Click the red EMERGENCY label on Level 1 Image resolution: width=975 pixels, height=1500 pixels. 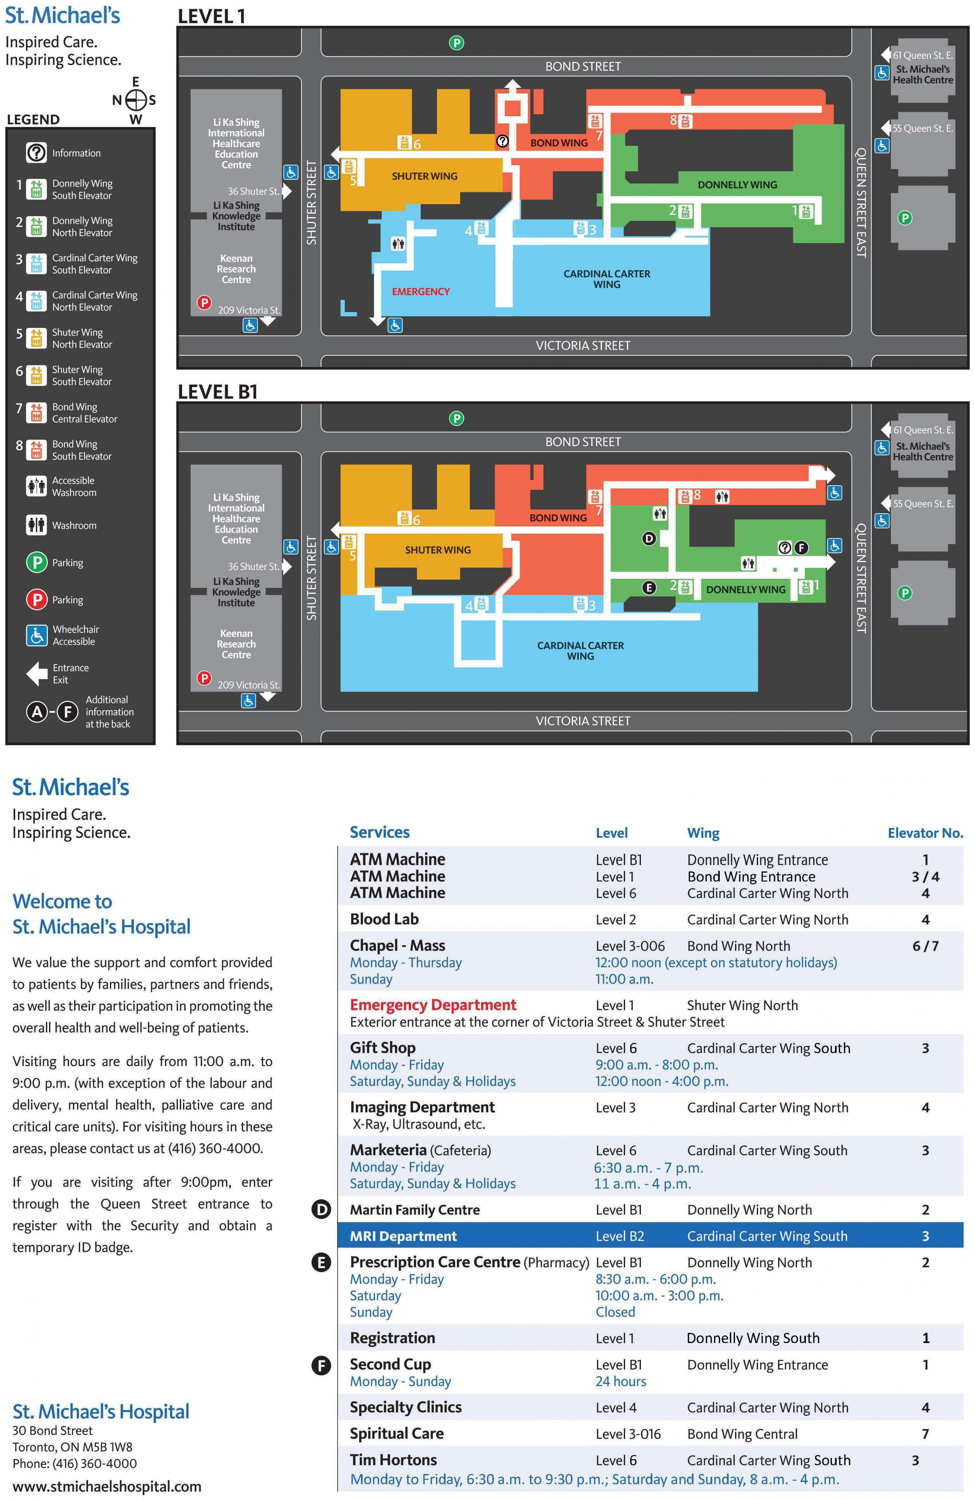[420, 292]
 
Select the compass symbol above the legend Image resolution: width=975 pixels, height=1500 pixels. [135, 100]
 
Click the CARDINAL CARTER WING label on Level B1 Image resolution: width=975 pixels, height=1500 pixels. [580, 650]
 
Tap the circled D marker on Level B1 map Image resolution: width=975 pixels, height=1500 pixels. [649, 538]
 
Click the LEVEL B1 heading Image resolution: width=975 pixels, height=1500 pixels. [217, 392]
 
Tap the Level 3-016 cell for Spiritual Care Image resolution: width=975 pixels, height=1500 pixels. [628, 1434]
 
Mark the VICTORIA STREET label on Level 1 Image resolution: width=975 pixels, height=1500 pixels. [582, 345]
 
